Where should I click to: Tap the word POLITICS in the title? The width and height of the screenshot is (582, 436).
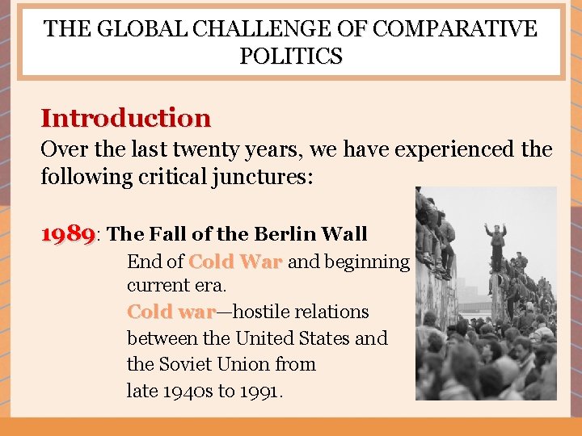tap(291, 57)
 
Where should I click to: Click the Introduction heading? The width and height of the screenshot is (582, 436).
tap(126, 119)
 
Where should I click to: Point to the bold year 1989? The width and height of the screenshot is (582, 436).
tap(68, 234)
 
